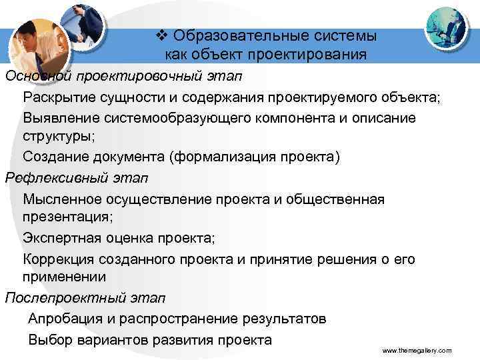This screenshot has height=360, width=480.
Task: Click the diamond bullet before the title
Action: coord(154,35)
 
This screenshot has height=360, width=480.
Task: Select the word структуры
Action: coord(52,137)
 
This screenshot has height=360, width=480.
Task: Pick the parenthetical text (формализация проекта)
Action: coord(255,157)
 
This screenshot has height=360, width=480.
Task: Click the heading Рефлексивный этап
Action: coord(76,178)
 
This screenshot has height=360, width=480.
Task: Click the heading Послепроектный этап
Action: coord(85,297)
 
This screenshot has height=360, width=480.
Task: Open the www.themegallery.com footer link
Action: coord(417,350)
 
